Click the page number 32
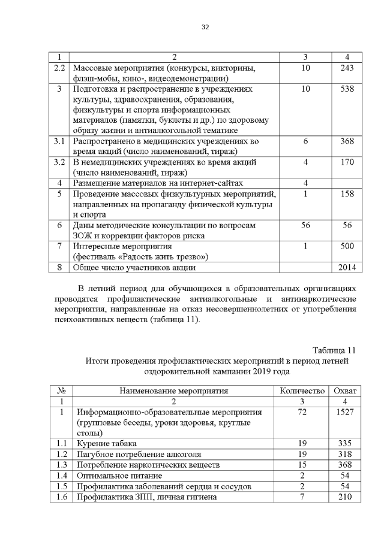coord(205,26)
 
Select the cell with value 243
coord(346,68)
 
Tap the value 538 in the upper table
coord(346,89)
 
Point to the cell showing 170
coord(346,162)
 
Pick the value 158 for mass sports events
coord(346,194)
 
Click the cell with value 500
coord(346,246)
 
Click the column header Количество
coord(302,391)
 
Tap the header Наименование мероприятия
coord(174,391)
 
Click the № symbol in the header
coord(60,391)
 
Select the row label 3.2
coord(59,162)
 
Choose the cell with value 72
coord(302,413)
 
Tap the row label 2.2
coord(59,68)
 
